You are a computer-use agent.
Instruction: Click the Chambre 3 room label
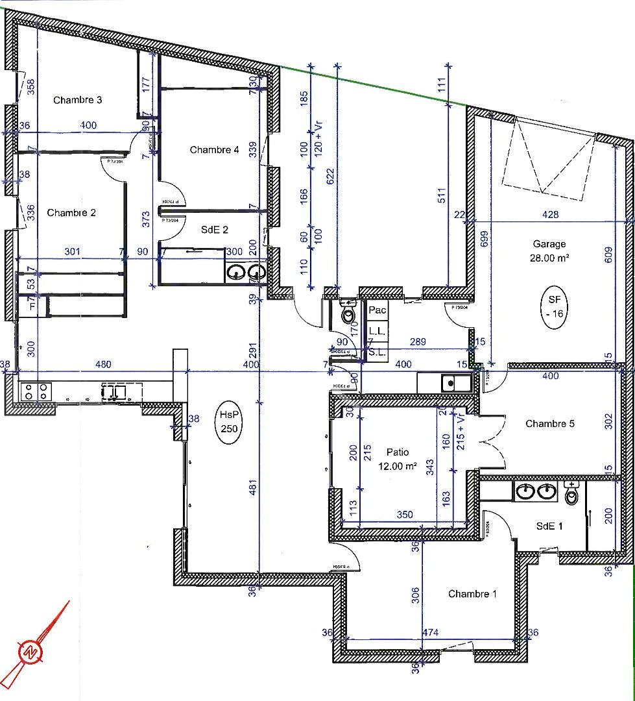tap(77, 100)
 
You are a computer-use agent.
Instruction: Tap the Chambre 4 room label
tap(214, 150)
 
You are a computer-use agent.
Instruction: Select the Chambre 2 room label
tap(71, 212)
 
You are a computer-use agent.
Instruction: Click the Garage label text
tap(549, 244)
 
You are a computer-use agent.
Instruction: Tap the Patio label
tap(398, 452)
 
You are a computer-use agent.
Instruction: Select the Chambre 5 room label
tap(550, 424)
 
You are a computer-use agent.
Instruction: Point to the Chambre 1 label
tap(472, 594)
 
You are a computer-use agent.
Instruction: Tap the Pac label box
tap(377, 310)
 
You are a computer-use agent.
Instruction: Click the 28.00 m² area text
tap(549, 257)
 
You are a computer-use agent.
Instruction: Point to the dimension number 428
tap(550, 215)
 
